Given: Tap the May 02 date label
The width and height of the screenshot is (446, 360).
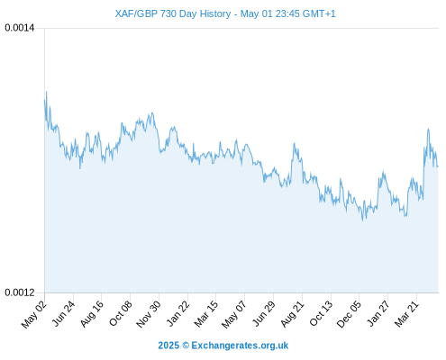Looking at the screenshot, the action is (34, 314).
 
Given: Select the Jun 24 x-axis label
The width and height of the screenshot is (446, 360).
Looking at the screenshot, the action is (63, 313).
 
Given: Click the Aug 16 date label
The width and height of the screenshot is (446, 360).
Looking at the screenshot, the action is (92, 313).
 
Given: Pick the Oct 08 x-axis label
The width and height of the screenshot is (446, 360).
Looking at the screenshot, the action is (121, 313).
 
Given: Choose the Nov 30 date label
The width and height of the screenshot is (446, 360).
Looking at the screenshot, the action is (149, 314).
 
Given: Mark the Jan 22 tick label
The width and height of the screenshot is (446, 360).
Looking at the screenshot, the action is (178, 313).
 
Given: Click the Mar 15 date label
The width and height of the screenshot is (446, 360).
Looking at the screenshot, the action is (206, 314).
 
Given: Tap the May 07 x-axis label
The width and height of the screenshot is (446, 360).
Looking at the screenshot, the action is (234, 314).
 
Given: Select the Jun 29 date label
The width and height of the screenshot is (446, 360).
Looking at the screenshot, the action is (264, 313).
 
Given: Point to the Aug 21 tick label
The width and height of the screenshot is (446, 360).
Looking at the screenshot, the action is (292, 313).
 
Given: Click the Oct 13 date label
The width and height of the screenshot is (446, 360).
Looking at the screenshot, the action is (321, 313).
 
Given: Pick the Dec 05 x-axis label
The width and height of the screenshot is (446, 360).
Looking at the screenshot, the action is (349, 314).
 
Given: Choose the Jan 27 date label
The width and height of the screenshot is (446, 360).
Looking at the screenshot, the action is (378, 313).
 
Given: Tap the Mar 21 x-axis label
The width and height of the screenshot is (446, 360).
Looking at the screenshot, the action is (406, 314).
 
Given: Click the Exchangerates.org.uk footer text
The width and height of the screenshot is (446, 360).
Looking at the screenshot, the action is (240, 346).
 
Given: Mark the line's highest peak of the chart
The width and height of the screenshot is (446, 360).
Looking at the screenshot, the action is (46, 92).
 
